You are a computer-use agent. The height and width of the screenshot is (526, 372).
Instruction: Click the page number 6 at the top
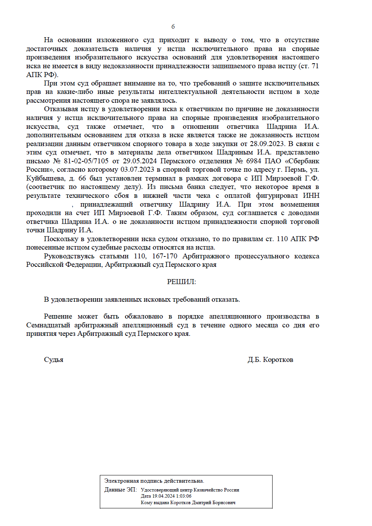coord(173,26)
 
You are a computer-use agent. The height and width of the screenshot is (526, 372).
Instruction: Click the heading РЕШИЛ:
coord(181,282)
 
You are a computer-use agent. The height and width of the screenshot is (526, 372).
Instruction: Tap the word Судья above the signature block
coord(53,360)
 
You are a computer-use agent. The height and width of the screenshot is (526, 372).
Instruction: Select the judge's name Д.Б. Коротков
coord(270,360)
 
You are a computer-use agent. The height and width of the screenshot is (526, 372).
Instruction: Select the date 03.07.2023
coord(137,169)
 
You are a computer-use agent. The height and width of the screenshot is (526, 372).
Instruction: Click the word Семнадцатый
coord(48,325)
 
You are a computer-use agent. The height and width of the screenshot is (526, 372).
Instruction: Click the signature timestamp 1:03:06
coord(184,496)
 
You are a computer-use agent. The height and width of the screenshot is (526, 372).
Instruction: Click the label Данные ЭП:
coord(120,490)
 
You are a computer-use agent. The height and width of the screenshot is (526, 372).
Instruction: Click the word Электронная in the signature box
coord(121,481)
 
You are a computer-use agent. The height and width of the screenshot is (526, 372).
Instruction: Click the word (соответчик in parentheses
coord(45,187)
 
